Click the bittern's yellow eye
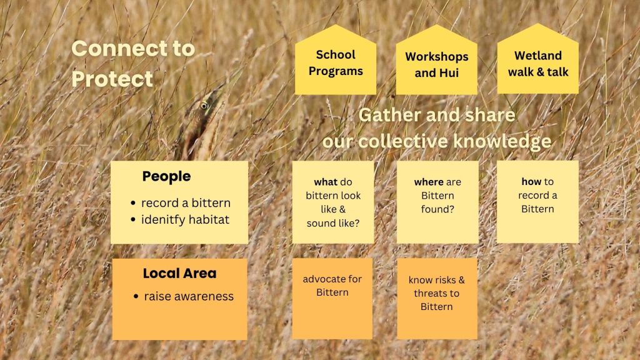click(204, 106)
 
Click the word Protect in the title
click(112, 79)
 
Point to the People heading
click(166, 176)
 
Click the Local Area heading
click(179, 274)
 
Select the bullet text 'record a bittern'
click(186, 203)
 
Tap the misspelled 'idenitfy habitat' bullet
click(185, 219)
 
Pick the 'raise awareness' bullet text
click(189, 296)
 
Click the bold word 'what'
click(325, 182)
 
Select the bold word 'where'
click(429, 182)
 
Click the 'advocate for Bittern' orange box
click(332, 298)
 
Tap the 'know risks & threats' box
click(437, 298)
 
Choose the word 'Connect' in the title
click(119, 49)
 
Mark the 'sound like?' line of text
click(333, 223)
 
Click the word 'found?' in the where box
click(437, 209)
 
